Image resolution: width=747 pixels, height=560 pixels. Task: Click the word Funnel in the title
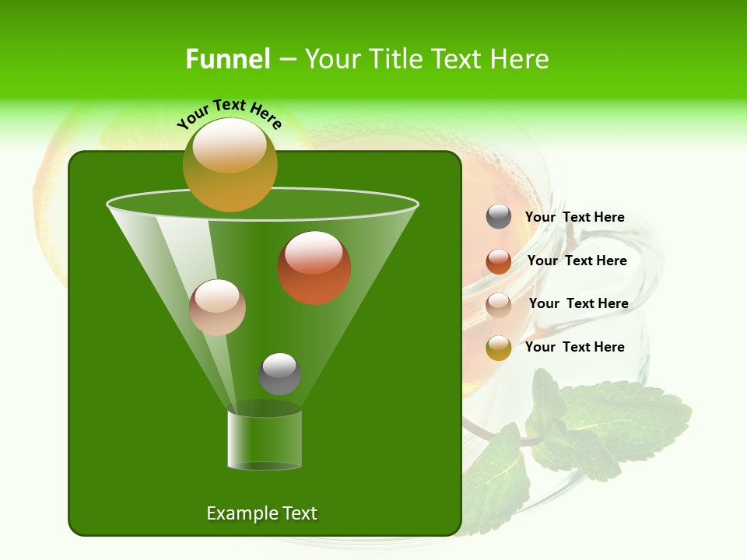(x=227, y=59)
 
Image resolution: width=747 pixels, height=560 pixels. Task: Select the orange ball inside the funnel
(x=314, y=268)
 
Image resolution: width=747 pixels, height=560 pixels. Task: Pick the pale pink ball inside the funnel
(x=217, y=307)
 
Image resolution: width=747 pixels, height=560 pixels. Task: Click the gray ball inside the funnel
(x=279, y=373)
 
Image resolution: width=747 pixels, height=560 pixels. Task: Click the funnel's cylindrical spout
(x=265, y=440)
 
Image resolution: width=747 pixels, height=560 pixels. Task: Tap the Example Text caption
(x=261, y=513)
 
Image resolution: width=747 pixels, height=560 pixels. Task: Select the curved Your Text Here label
(x=229, y=113)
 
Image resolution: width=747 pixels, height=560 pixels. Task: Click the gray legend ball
(x=499, y=217)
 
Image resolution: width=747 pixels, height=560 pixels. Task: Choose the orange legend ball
(x=499, y=261)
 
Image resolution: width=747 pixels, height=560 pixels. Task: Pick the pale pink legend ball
(x=499, y=304)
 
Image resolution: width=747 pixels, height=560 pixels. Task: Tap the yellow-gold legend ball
(x=499, y=348)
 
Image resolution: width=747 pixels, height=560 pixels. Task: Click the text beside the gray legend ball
(x=574, y=217)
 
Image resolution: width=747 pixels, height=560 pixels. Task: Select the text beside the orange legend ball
(x=577, y=261)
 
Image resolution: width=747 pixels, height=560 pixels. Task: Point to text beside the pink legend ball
(x=578, y=303)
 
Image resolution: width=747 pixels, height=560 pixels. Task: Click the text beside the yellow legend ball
(x=574, y=347)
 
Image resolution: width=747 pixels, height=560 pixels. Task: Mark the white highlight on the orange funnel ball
(x=314, y=253)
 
